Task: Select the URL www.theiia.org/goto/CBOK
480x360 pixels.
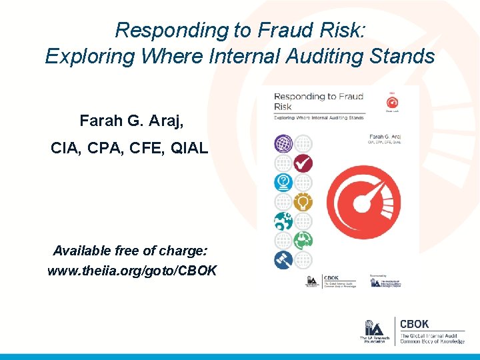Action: click(x=131, y=271)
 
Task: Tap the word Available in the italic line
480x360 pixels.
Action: click(x=83, y=251)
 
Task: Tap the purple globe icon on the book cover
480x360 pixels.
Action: click(x=283, y=143)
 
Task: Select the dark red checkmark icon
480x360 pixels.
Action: click(x=303, y=162)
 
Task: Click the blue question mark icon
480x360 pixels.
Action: click(x=283, y=182)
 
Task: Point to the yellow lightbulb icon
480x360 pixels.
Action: click(x=303, y=201)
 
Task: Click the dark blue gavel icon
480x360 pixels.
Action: click(x=283, y=259)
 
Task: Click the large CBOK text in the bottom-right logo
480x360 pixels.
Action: click(x=414, y=325)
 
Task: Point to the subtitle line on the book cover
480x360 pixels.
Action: click(x=319, y=117)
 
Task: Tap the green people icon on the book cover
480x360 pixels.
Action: click(x=303, y=239)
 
